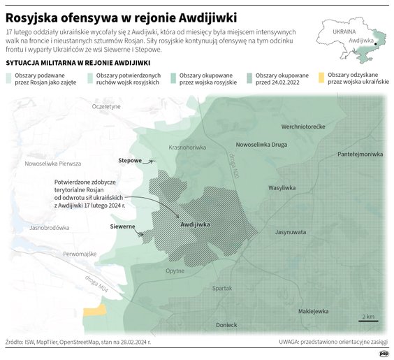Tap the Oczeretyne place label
tap(107, 106)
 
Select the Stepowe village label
tap(130, 161)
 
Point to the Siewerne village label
tap(122, 226)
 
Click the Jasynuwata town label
tap(291, 231)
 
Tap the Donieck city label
tap(226, 324)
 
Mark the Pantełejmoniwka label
tap(360, 153)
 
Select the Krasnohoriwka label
tap(187, 147)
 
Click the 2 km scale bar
tap(370, 319)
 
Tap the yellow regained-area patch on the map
tap(94, 314)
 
